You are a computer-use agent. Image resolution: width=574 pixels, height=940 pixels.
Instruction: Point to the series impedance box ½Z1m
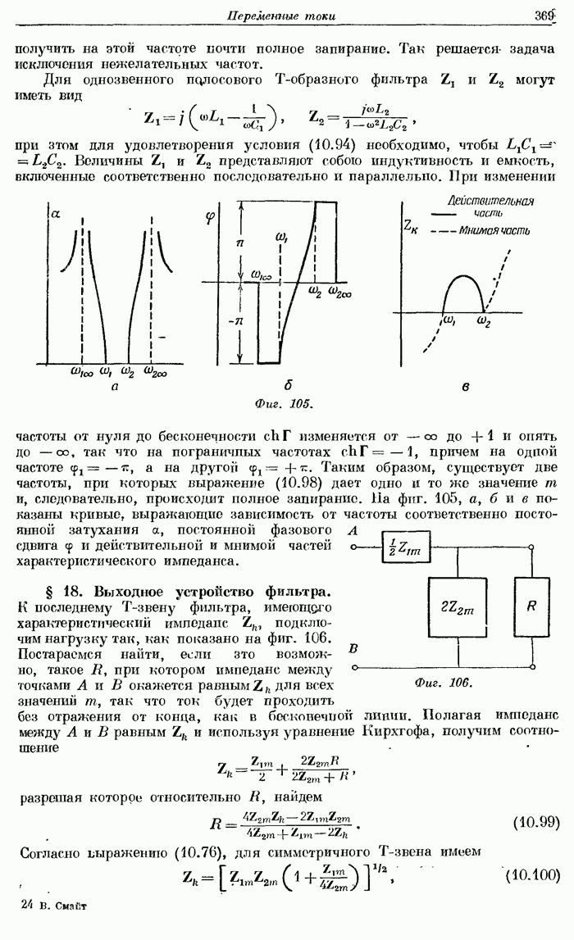click(407, 552)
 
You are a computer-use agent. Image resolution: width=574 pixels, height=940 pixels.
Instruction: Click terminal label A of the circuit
click(355, 532)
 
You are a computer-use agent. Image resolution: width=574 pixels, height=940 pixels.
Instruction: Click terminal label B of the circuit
click(354, 649)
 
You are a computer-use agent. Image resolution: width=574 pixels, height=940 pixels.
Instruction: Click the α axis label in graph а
click(56, 214)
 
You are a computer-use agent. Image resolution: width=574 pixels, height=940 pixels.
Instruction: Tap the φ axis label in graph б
click(211, 219)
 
